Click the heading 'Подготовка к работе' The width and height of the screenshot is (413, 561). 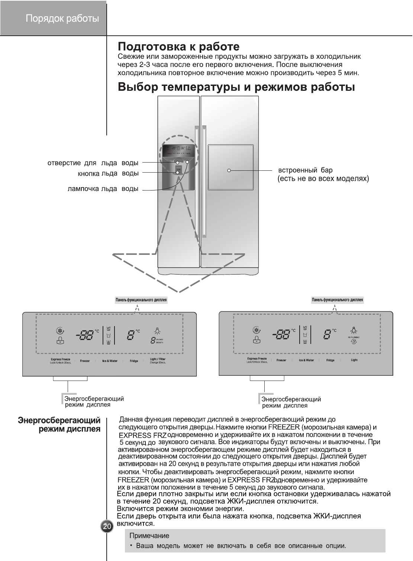(x=178, y=47)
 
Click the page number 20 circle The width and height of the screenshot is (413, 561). (x=107, y=526)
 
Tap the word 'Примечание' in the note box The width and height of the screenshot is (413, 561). (x=149, y=536)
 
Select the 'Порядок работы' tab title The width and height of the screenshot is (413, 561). (x=62, y=19)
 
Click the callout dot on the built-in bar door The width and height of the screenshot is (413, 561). (x=229, y=170)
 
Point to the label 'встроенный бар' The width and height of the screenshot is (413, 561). (x=305, y=170)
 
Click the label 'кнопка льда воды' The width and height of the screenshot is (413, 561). (x=108, y=173)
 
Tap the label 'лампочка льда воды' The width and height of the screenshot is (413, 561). (x=103, y=189)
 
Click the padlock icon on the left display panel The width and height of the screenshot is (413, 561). (x=59, y=340)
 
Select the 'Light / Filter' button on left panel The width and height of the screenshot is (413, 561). (x=158, y=360)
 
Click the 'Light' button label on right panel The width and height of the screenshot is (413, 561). (x=354, y=360)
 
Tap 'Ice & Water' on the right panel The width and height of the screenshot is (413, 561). (x=306, y=360)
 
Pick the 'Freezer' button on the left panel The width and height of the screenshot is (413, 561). (x=85, y=361)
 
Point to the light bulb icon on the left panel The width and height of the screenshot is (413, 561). (x=158, y=331)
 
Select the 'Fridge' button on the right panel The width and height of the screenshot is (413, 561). (x=330, y=360)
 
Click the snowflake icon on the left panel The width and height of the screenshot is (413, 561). (x=59, y=330)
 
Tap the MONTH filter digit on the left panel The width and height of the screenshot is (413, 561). (x=153, y=340)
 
